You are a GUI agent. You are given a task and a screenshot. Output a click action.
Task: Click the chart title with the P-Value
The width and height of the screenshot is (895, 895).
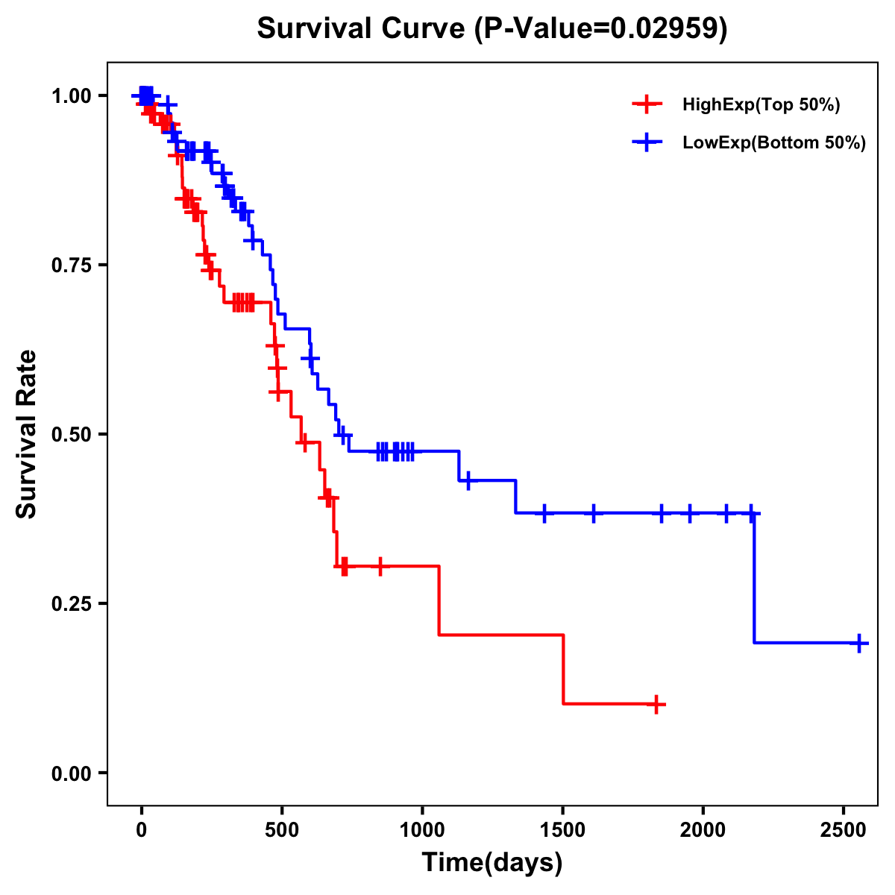pyautogui.click(x=492, y=28)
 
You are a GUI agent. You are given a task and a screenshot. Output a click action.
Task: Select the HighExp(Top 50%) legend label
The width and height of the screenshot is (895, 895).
pyautogui.click(x=761, y=105)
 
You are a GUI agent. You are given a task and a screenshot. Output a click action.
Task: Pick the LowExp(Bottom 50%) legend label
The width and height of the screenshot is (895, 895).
pyautogui.click(x=774, y=143)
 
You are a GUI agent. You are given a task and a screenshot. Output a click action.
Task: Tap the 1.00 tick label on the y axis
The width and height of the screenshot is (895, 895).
pyautogui.click(x=71, y=96)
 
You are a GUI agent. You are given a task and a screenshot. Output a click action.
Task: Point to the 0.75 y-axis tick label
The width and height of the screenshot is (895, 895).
pyautogui.click(x=71, y=266)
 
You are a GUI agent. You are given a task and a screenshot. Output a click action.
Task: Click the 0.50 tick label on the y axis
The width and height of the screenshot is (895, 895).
pyautogui.click(x=71, y=435)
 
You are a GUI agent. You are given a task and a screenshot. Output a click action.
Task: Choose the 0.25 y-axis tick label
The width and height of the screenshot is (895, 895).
pyautogui.click(x=71, y=604)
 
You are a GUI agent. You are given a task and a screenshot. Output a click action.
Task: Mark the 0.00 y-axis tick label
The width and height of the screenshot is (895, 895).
pyautogui.click(x=71, y=773)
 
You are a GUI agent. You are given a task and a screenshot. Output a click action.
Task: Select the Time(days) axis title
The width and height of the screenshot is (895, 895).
pyautogui.click(x=492, y=863)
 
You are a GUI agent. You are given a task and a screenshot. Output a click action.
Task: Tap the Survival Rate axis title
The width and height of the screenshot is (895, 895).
pyautogui.click(x=27, y=433)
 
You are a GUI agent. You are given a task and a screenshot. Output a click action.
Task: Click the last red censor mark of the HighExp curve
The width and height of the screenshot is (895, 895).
pyautogui.click(x=656, y=704)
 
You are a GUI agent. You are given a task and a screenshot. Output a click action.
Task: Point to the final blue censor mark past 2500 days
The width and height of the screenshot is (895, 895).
pyautogui.click(x=859, y=643)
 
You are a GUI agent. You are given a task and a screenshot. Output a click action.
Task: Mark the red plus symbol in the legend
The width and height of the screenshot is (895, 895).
pyautogui.click(x=647, y=104)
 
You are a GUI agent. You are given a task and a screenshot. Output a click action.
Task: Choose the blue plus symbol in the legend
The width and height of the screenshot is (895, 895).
pyautogui.click(x=647, y=142)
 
